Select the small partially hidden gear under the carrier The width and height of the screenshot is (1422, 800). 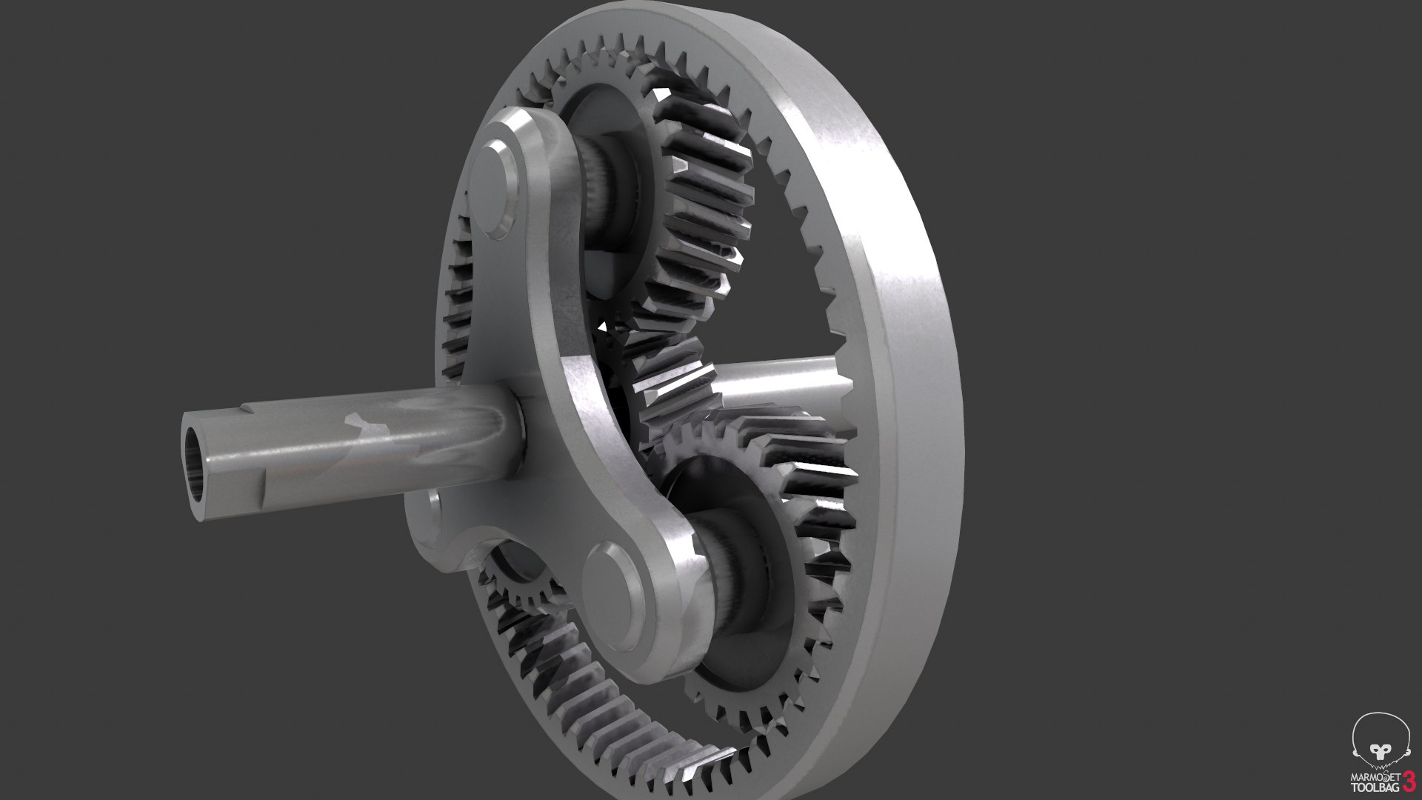(x=522, y=585)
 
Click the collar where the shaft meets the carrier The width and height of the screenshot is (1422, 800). (x=518, y=430)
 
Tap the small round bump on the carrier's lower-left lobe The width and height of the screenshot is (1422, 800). (x=434, y=511)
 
